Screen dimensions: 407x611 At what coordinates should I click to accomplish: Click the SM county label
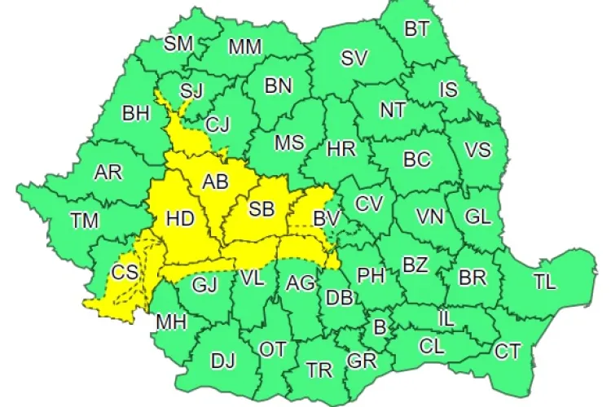coord(178,44)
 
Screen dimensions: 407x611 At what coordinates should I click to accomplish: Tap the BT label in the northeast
coord(417,30)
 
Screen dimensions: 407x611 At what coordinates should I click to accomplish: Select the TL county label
coord(544,282)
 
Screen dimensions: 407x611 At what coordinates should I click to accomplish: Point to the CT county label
coord(508,351)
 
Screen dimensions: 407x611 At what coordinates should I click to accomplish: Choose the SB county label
coord(262,209)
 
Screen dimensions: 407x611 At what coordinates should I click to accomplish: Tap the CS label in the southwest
coord(125,273)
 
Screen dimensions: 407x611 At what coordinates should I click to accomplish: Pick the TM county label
coord(84,220)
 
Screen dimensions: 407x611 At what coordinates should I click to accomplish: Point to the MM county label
coord(244,47)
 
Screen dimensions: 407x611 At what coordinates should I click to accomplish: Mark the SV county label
coord(354,58)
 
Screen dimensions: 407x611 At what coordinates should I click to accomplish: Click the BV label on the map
coord(326,217)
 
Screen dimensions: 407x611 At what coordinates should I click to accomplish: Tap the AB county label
coord(215,182)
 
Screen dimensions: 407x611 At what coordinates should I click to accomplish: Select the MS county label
coord(288,143)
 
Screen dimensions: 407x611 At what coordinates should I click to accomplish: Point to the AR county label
coord(108,173)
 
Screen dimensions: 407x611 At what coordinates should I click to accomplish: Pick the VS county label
coord(477,150)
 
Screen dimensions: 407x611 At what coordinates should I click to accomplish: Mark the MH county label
coord(171,322)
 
